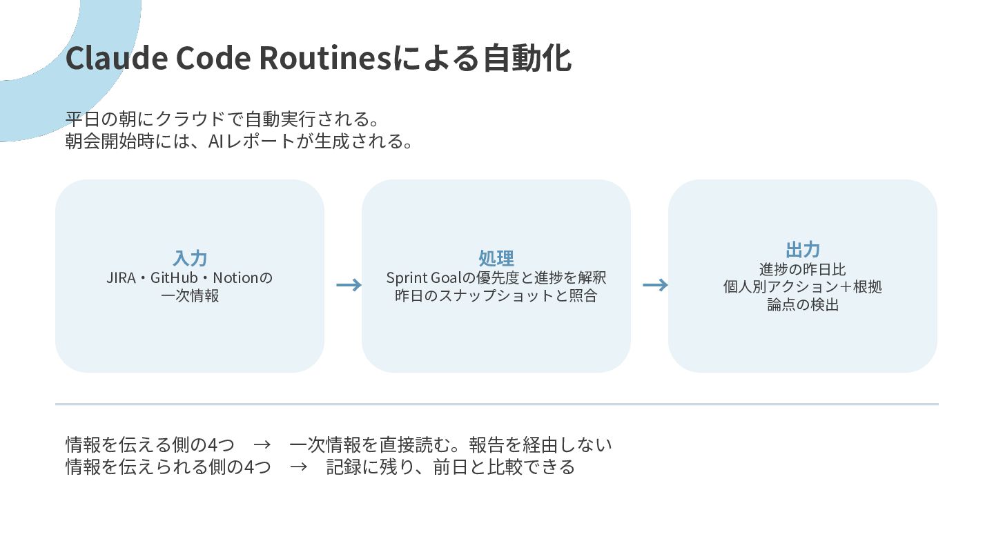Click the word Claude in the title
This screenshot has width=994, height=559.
pyautogui.click(x=117, y=58)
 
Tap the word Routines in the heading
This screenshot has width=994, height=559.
pyautogui.click(x=326, y=58)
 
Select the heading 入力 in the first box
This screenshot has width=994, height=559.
pyautogui.click(x=190, y=258)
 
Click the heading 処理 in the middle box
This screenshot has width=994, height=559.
pyautogui.click(x=496, y=258)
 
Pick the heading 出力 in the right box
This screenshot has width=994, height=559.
pyautogui.click(x=803, y=250)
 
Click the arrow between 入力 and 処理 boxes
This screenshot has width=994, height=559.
pyautogui.click(x=349, y=285)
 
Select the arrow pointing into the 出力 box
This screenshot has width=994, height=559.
pyautogui.click(x=656, y=285)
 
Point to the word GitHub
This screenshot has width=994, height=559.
pyautogui.click(x=174, y=277)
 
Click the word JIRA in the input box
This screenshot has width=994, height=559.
pyautogui.click(x=121, y=277)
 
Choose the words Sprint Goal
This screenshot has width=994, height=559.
pyautogui.click(x=425, y=277)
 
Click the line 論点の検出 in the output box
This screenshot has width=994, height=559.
pyautogui.click(x=803, y=305)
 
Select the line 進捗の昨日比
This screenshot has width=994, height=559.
pyautogui.click(x=803, y=269)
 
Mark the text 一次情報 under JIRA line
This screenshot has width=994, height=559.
pyautogui.click(x=190, y=295)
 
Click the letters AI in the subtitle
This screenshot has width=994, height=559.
pyautogui.click(x=215, y=141)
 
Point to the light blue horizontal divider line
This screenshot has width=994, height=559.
pyautogui.click(x=497, y=404)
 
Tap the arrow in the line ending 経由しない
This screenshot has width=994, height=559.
pyautogui.click(x=262, y=444)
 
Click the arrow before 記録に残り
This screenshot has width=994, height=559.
pyautogui.click(x=299, y=467)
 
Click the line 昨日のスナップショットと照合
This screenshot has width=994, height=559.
pyautogui.click(x=496, y=295)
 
